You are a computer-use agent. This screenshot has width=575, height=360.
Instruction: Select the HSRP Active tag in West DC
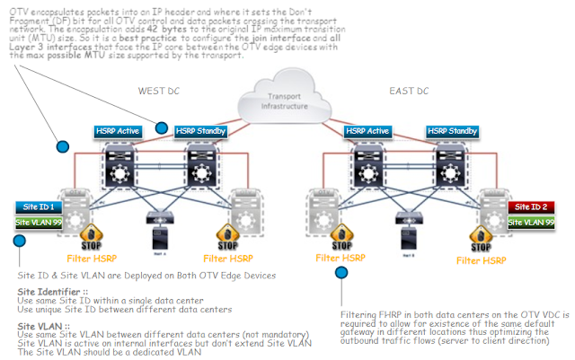point(118,131)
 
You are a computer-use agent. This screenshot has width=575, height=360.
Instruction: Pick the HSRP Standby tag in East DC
point(450,131)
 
